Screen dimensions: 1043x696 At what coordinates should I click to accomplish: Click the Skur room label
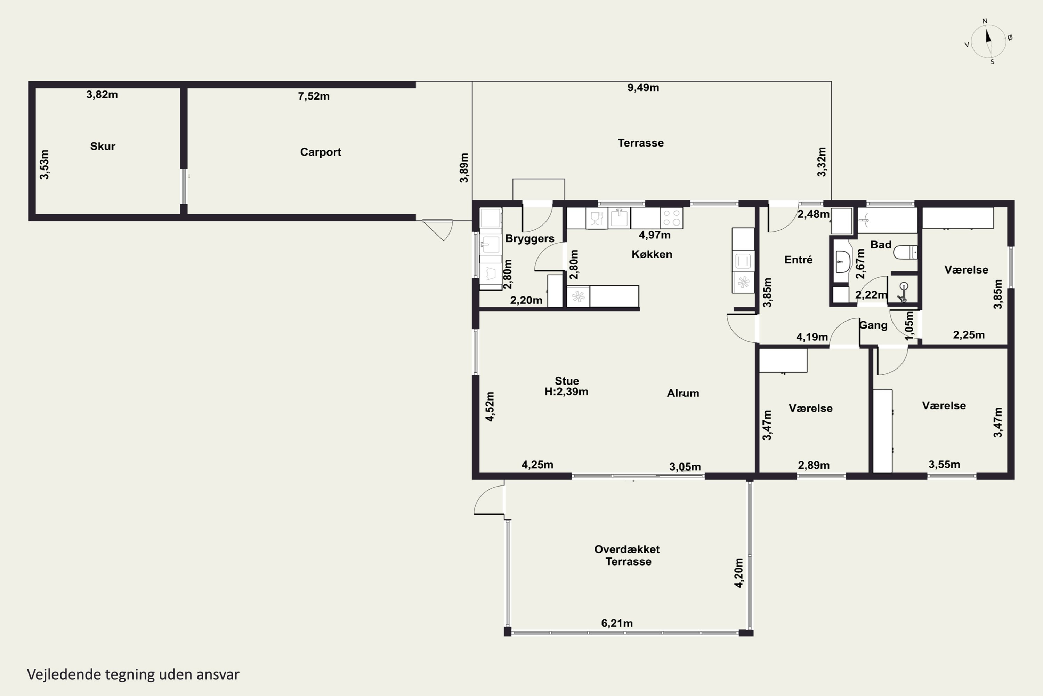(x=103, y=147)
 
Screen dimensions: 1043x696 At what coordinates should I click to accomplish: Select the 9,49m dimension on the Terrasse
(x=643, y=87)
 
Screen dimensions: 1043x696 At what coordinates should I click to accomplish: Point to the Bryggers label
(x=529, y=239)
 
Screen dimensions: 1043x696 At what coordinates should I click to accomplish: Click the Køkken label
(x=652, y=254)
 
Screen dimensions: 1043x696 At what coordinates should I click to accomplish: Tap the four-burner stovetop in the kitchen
(x=671, y=218)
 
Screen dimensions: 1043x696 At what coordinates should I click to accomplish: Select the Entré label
(x=798, y=260)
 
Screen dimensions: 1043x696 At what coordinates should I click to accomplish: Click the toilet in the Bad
(x=905, y=252)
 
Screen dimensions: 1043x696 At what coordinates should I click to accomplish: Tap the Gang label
(x=873, y=325)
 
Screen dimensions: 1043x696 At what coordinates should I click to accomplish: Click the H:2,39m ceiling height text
(x=566, y=391)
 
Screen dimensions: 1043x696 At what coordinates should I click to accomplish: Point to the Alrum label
(x=683, y=393)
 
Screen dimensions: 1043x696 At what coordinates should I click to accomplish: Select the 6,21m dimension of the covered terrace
(x=617, y=623)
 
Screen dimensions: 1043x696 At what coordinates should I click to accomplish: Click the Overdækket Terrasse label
(x=628, y=555)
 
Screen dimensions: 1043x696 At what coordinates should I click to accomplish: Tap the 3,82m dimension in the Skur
(x=102, y=95)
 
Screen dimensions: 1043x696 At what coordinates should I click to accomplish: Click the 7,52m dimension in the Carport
(x=314, y=96)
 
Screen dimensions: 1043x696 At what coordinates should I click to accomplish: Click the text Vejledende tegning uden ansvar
(x=133, y=675)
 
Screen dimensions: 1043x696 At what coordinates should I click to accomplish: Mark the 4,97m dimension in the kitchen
(x=655, y=235)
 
